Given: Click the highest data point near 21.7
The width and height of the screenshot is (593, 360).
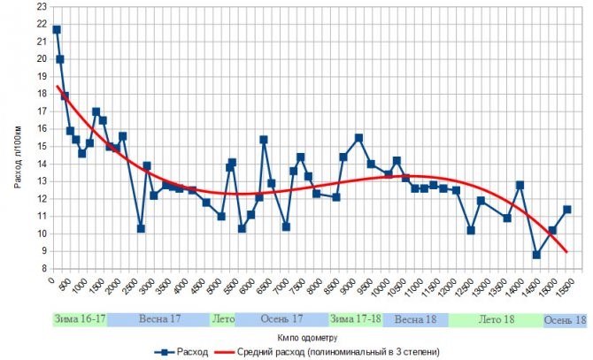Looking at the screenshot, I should (x=57, y=29).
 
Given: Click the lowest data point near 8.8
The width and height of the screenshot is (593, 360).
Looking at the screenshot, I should (x=536, y=255).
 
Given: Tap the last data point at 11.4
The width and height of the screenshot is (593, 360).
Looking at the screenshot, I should (x=567, y=210).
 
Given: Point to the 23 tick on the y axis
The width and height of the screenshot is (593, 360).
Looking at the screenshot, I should (x=42, y=7).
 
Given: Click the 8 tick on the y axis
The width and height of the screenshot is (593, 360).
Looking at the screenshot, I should (x=42, y=268).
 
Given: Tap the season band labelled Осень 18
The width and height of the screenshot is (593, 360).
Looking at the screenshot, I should (x=566, y=320).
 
